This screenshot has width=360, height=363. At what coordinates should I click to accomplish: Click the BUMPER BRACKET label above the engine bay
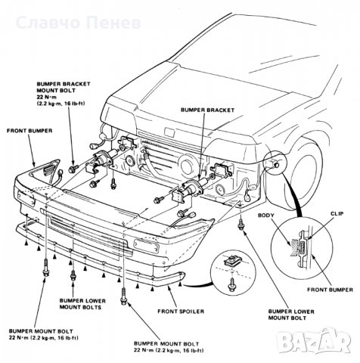tap(207, 110)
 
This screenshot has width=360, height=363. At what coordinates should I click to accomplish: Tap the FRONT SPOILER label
tap(181, 312)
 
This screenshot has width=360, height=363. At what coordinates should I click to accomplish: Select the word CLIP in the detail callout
tap(337, 214)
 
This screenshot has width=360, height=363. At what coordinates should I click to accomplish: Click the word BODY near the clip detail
tap(266, 216)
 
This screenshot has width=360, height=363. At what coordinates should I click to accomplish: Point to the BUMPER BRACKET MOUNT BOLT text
tap(64, 87)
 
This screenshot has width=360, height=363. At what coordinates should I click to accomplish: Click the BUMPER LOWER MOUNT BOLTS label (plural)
tap(82, 304)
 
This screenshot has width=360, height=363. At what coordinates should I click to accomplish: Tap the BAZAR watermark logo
tap(314, 340)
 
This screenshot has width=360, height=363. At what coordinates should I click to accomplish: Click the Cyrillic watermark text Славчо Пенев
tap(79, 23)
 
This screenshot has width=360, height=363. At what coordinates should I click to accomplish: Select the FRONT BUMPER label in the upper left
tap(29, 131)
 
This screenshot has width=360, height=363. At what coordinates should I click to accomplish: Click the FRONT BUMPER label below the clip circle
tap(330, 290)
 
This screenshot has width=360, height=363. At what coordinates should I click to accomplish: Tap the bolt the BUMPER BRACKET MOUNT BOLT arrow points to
tap(73, 169)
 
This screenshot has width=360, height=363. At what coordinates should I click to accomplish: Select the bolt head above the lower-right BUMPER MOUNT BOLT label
tap(123, 301)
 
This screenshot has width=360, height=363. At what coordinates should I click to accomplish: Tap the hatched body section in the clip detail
tap(293, 247)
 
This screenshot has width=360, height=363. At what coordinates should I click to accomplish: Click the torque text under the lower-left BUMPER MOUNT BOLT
tap(44, 338)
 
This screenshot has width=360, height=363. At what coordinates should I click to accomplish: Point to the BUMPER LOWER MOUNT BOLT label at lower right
tap(291, 315)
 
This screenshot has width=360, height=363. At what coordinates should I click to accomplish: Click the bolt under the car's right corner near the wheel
tap(241, 224)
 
